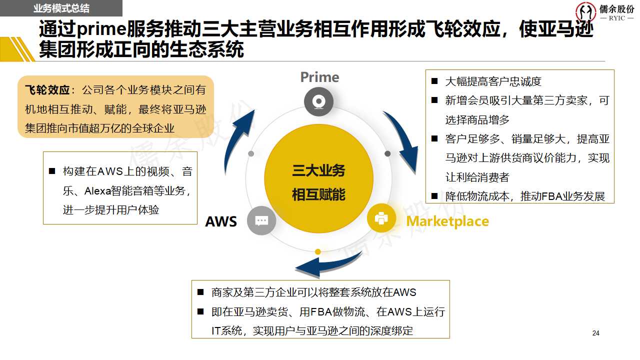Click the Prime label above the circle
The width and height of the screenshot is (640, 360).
click(x=319, y=77)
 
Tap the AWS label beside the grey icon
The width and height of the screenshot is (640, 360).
click(x=221, y=221)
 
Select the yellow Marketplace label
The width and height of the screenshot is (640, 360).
click(x=447, y=221)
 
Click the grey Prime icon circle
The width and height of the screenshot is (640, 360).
click(x=318, y=102)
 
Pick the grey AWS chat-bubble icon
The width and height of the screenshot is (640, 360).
click(x=261, y=220)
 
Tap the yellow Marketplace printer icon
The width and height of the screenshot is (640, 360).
click(x=381, y=218)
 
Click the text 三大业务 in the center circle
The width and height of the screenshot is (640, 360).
click(x=318, y=171)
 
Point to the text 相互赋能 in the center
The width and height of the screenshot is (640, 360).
click(x=318, y=194)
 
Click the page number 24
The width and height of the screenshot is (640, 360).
click(x=595, y=333)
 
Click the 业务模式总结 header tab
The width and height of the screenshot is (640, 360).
click(x=61, y=8)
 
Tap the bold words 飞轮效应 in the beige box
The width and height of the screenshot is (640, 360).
click(x=47, y=90)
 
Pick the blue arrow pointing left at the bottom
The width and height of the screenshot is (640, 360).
click(x=325, y=265)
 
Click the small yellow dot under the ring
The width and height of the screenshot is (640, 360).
click(x=317, y=251)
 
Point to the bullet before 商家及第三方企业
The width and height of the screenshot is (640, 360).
click(x=200, y=292)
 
